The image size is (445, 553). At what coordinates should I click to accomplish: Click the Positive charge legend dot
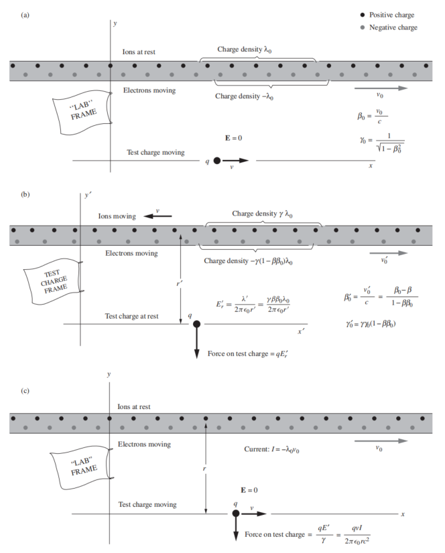(x=363, y=15)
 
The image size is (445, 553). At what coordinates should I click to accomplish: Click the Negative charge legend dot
(x=363, y=27)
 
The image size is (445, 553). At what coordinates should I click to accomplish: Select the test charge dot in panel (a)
(x=217, y=161)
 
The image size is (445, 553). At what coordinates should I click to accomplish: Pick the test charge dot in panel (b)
(x=196, y=325)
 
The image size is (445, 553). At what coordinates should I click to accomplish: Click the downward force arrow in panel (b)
(x=196, y=345)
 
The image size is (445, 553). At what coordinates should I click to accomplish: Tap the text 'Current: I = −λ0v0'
(x=271, y=449)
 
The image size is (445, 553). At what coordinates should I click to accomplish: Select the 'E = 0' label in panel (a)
(x=233, y=138)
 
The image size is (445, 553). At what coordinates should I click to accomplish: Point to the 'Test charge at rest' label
(x=132, y=316)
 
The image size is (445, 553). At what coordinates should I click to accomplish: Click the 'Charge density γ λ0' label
(x=263, y=214)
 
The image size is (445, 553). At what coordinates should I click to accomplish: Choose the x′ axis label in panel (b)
(x=302, y=331)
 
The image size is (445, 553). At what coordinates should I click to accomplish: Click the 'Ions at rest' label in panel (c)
(x=134, y=406)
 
